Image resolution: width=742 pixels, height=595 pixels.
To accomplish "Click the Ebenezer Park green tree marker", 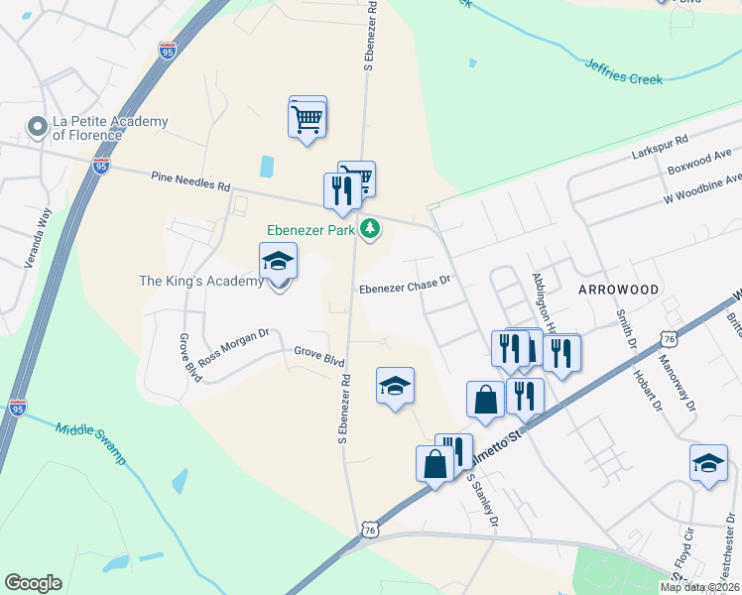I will click(370, 230).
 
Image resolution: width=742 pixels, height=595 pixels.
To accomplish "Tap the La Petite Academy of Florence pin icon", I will click(38, 127).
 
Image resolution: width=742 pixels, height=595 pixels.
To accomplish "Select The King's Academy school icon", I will click(278, 262).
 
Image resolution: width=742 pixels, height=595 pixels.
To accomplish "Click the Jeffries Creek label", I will click(623, 71).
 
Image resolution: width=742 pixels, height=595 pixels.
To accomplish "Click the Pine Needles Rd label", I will click(190, 180).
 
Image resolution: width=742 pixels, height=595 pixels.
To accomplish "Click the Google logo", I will click(33, 583).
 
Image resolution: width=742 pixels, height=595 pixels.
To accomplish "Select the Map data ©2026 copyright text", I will click(699, 587).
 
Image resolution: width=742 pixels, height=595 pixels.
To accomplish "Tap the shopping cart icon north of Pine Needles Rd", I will click(308, 119).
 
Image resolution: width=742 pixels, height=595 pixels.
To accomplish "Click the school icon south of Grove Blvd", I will click(395, 387).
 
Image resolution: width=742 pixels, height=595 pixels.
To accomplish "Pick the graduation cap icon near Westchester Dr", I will click(708, 464).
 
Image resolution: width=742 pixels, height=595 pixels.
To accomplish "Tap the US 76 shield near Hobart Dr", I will click(671, 339).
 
